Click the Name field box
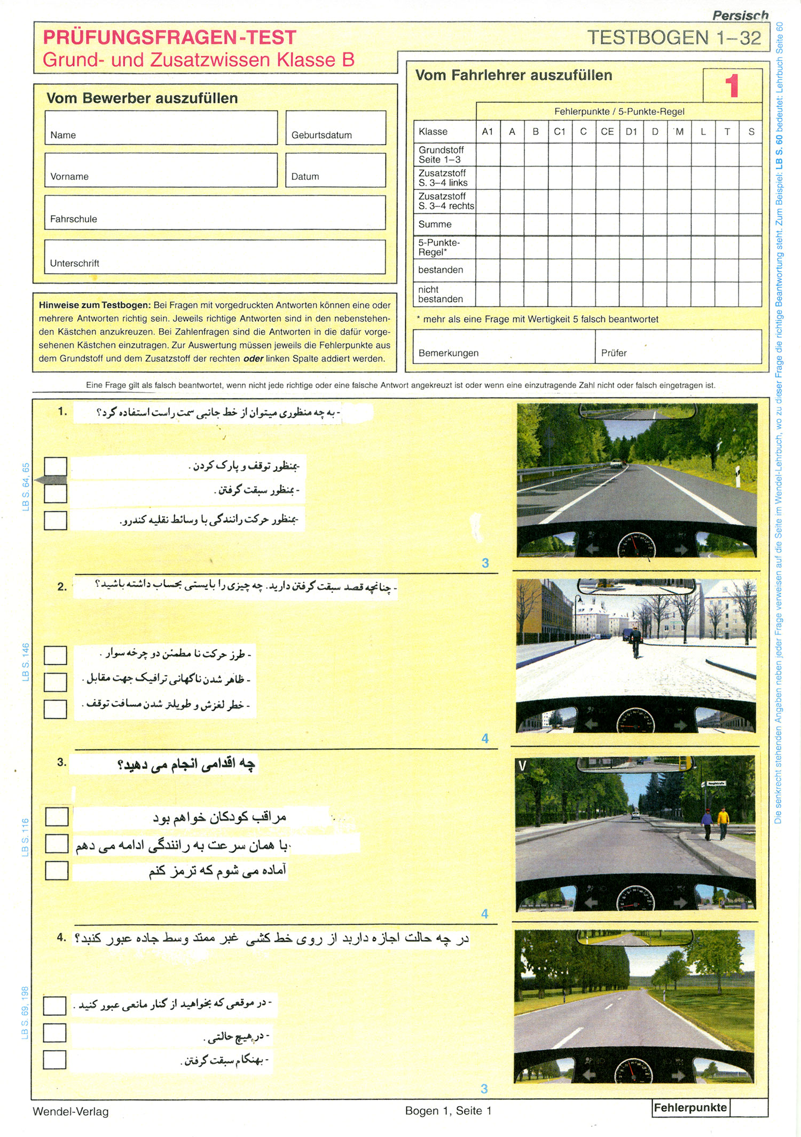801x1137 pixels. click(x=161, y=128)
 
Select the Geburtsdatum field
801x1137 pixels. click(x=335, y=128)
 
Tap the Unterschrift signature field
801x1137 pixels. click(x=215, y=257)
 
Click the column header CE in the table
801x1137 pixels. click(x=607, y=131)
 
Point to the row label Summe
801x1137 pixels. click(x=435, y=224)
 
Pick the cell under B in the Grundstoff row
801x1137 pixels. click(x=536, y=155)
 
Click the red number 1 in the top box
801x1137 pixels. click(x=732, y=86)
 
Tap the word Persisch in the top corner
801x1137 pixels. click(x=740, y=15)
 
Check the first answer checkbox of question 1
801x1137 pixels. click(x=56, y=466)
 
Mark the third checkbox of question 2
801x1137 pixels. click(x=55, y=709)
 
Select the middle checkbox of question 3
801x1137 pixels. click(x=57, y=844)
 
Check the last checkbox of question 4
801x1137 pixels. click(x=54, y=1060)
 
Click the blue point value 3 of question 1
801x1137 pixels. click(x=485, y=563)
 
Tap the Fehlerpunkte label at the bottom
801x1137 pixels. click(x=690, y=1108)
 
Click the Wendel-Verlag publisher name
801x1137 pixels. click(x=70, y=1111)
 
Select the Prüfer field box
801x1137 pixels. click(x=678, y=346)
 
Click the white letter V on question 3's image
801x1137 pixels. click(x=523, y=766)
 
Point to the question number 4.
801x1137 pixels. click(x=62, y=937)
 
